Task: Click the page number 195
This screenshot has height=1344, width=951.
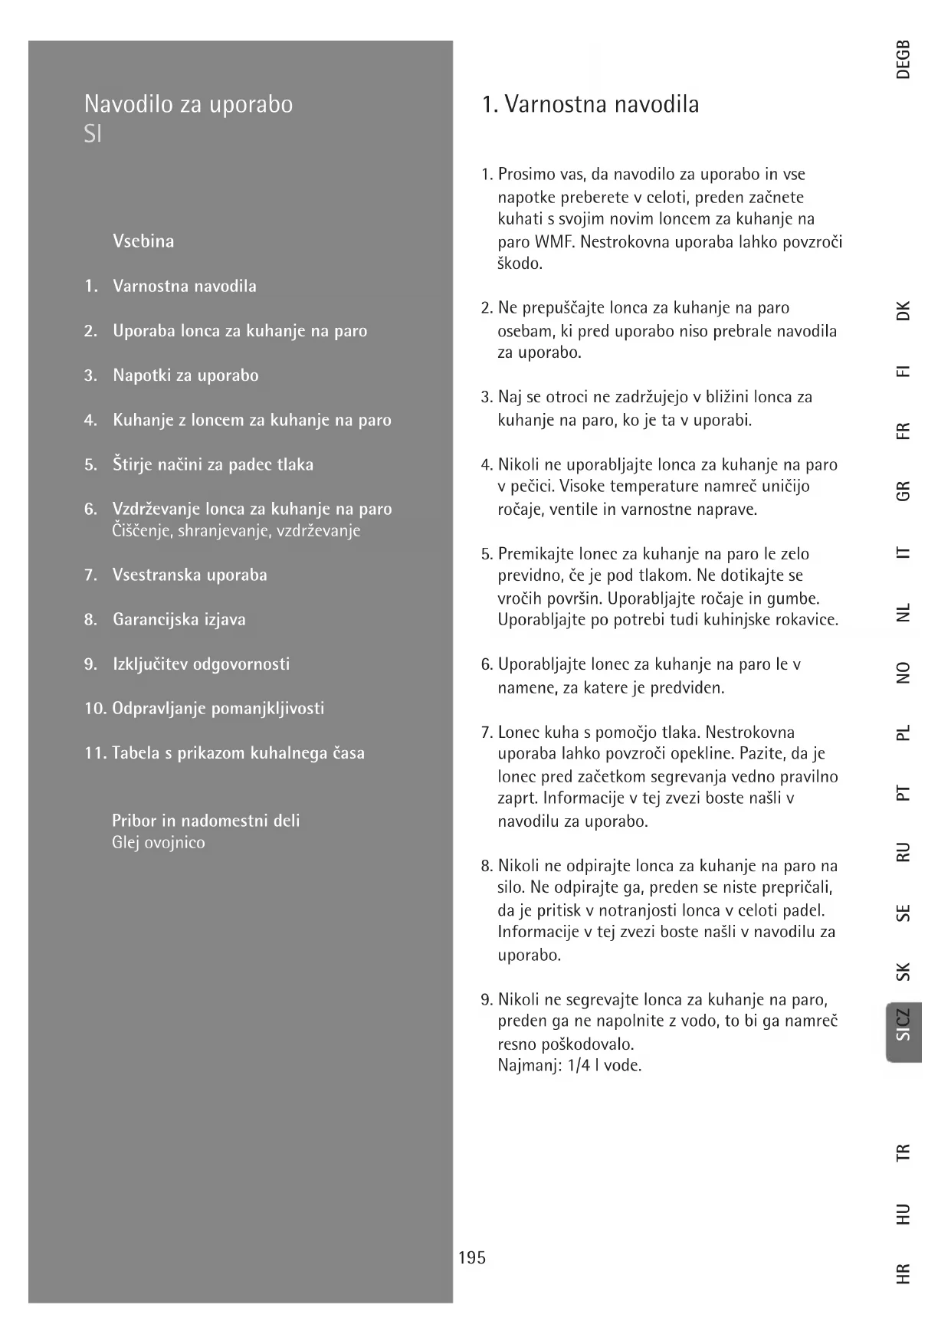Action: [x=472, y=1257]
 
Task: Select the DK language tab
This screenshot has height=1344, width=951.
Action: [x=903, y=311]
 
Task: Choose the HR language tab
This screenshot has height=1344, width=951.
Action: [x=903, y=1274]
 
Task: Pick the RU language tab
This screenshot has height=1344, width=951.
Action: [x=903, y=852]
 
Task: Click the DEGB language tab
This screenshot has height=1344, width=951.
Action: [x=903, y=60]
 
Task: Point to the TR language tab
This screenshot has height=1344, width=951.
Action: [x=903, y=1152]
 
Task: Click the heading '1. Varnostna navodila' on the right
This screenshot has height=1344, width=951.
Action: [x=590, y=104]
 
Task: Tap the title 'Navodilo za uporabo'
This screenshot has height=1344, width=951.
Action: [x=189, y=104]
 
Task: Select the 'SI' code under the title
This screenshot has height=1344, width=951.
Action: [x=93, y=135]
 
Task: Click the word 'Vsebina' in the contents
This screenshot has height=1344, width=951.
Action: [x=143, y=241]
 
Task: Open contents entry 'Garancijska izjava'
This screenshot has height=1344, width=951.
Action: [x=179, y=619]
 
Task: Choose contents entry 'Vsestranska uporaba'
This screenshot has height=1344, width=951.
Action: [x=190, y=575]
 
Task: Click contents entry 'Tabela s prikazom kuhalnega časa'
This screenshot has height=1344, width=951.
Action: [x=238, y=753]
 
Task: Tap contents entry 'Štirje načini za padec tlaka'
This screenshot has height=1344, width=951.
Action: [x=213, y=464]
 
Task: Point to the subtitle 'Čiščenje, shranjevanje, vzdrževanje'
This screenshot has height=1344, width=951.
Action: [x=236, y=531]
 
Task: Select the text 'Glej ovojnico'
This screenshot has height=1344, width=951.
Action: [x=159, y=843]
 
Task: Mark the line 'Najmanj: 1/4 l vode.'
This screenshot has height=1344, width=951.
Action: [x=569, y=1065]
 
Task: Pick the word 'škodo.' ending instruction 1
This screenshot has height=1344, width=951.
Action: [x=520, y=264]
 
